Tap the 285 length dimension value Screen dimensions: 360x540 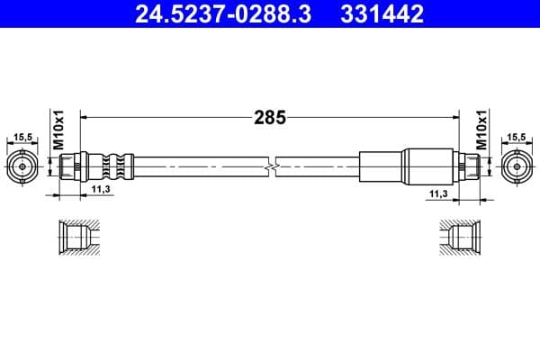coord(269,116)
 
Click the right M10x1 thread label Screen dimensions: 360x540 coord(481,132)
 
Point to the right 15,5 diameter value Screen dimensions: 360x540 coord(517,138)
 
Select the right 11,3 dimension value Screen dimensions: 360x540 coord(438,193)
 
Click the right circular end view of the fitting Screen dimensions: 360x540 coord(517,166)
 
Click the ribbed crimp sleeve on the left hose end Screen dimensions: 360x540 coord(112,166)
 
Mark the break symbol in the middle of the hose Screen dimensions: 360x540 coord(272,166)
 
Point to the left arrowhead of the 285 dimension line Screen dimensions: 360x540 coord(85,116)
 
